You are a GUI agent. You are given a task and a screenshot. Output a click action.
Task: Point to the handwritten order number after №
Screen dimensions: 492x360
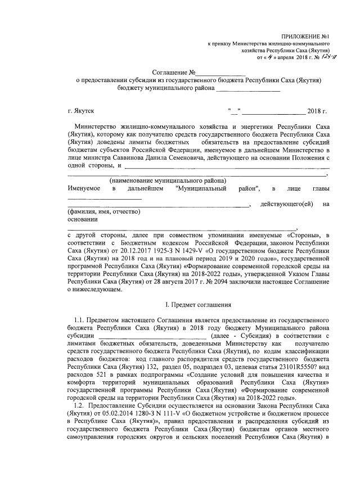point(322,56)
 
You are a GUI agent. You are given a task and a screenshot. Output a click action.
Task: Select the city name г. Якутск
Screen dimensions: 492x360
point(79,112)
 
